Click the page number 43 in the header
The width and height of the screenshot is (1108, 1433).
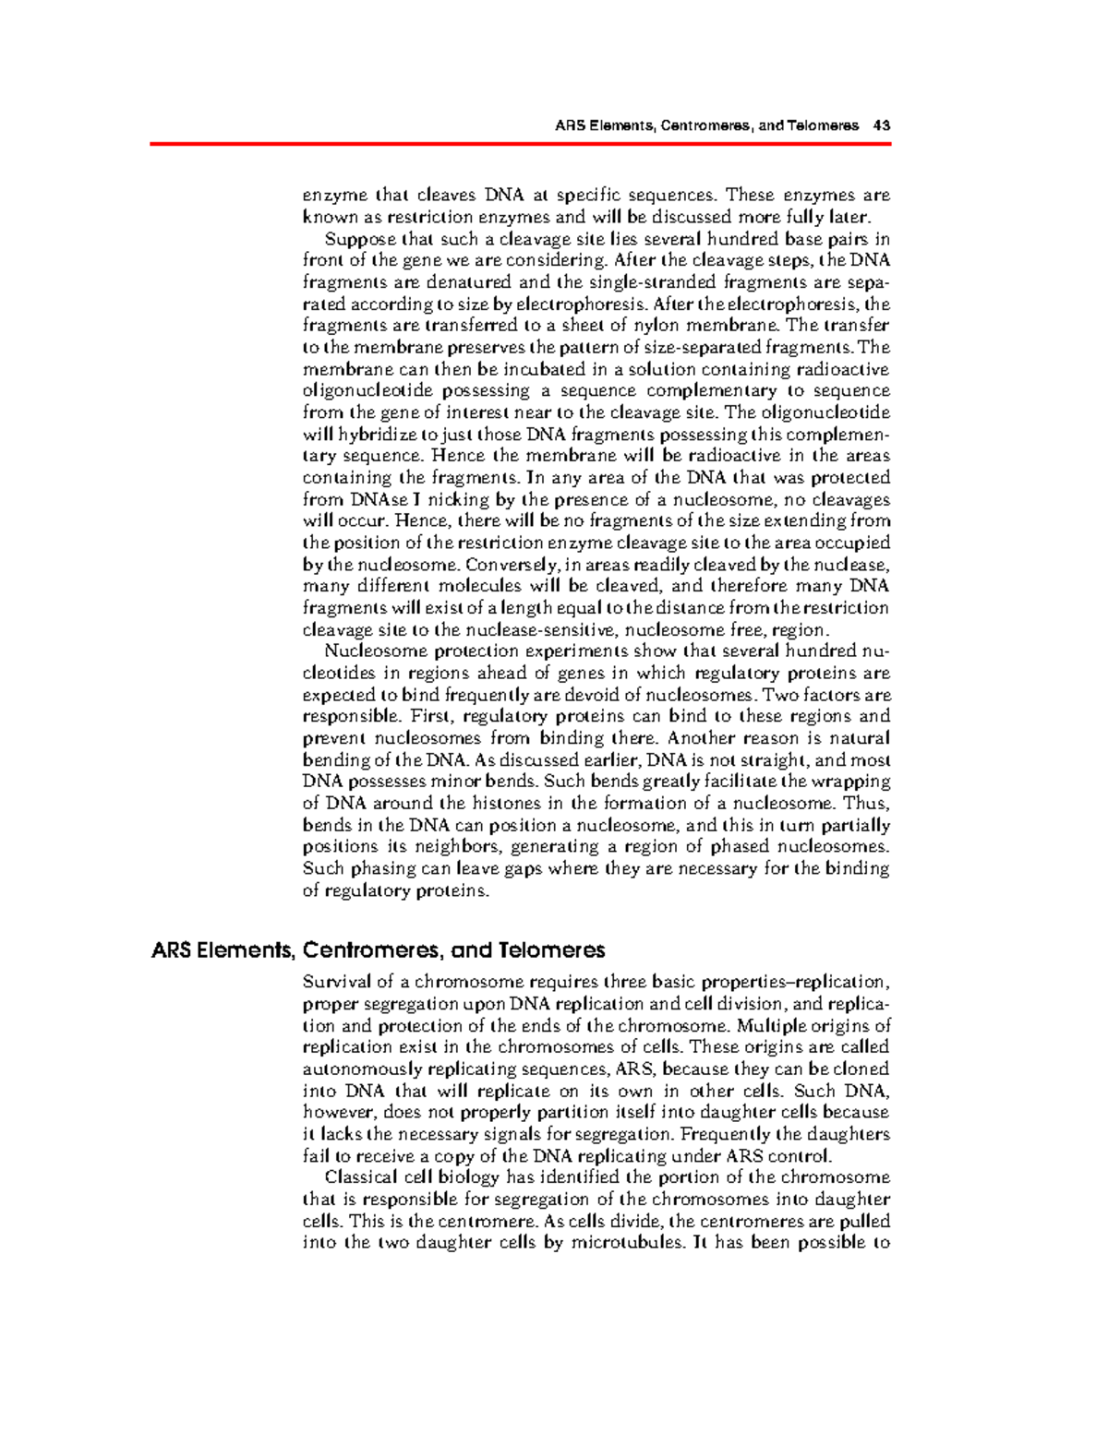click(882, 125)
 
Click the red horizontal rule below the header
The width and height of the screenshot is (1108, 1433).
click(520, 144)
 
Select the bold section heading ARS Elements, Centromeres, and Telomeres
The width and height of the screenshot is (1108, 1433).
click(378, 949)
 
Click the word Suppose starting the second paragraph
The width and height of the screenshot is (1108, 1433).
click(352, 239)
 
